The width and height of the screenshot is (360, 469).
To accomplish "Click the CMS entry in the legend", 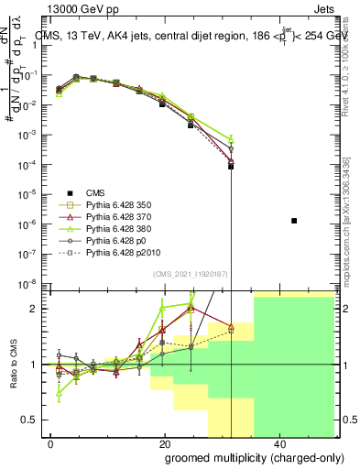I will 96,192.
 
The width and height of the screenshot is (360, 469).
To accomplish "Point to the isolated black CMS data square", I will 294,221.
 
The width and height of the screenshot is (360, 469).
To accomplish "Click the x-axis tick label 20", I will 164,444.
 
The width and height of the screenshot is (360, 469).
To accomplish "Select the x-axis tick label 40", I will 278,444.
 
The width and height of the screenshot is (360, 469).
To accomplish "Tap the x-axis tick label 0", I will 51,444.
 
